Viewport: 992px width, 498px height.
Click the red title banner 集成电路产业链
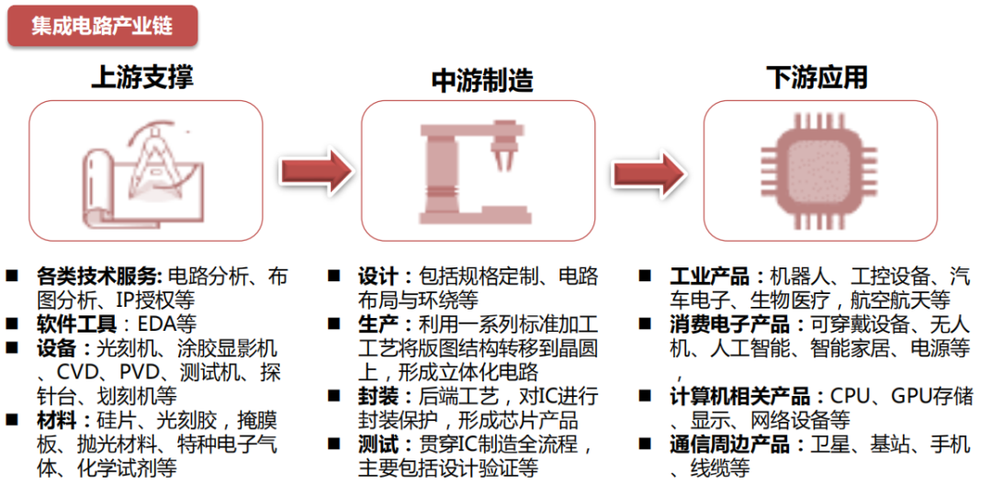click(x=102, y=26)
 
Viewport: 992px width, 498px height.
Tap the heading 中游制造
click(x=481, y=81)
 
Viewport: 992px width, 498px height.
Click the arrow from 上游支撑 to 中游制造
click(x=315, y=171)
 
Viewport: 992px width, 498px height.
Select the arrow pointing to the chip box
click(x=648, y=172)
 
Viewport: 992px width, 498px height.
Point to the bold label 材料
click(x=52, y=421)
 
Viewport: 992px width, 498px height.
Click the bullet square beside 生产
click(x=335, y=324)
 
